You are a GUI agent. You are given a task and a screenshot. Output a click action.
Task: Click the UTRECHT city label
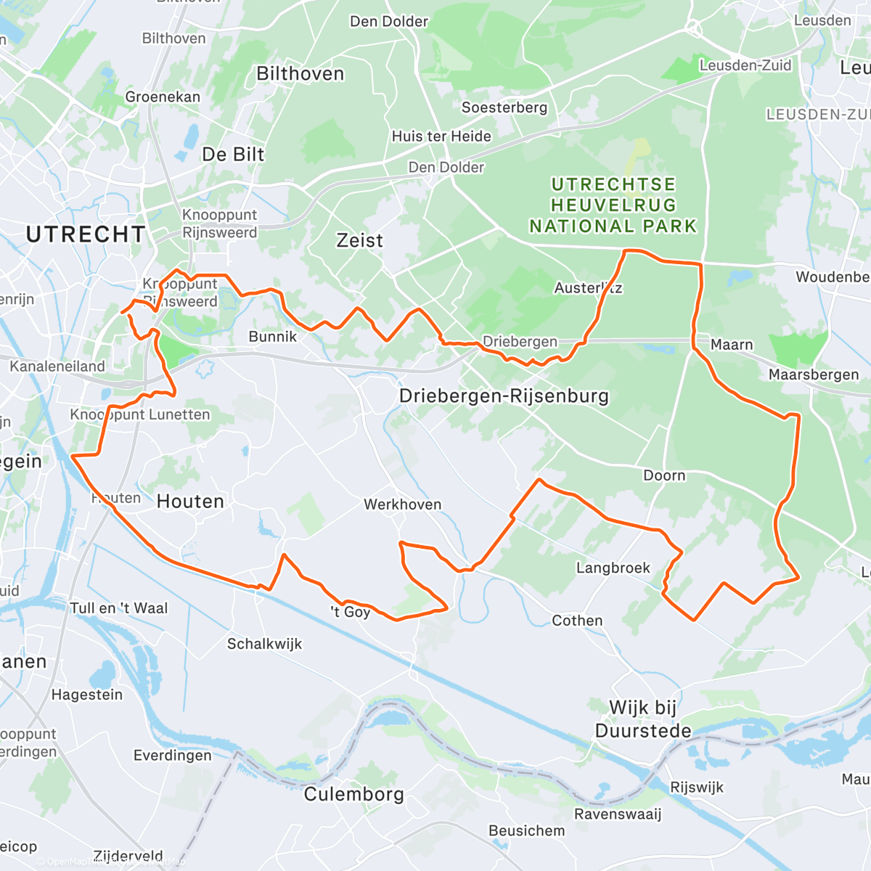86,234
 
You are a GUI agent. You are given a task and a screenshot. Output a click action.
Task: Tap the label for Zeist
359,240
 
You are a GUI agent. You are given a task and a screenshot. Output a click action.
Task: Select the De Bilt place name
233,155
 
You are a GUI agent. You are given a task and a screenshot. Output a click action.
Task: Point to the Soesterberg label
504,107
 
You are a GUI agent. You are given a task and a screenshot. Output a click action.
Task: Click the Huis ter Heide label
441,136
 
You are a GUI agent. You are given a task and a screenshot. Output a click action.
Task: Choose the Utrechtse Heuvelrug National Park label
613,205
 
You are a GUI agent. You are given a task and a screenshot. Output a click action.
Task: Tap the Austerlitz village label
588,288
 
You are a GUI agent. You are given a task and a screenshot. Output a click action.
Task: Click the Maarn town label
732,345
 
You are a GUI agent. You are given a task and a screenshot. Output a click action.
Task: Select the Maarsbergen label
814,375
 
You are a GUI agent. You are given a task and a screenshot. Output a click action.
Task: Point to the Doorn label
664,475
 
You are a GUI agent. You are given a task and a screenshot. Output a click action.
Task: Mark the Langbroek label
613,568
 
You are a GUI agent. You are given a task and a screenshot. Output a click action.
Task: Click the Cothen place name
577,621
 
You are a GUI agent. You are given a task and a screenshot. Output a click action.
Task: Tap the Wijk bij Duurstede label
642,719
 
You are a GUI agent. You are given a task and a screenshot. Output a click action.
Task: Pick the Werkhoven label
402,504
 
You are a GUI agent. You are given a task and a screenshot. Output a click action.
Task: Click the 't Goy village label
351,612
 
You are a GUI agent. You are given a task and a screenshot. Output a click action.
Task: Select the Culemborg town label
353,794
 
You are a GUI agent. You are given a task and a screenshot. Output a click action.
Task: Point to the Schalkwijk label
264,644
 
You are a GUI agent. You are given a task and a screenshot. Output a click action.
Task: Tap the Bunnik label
273,336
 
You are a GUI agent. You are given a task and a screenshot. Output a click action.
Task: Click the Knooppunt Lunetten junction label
140,414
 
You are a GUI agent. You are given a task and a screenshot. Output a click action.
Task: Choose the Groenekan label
163,97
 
